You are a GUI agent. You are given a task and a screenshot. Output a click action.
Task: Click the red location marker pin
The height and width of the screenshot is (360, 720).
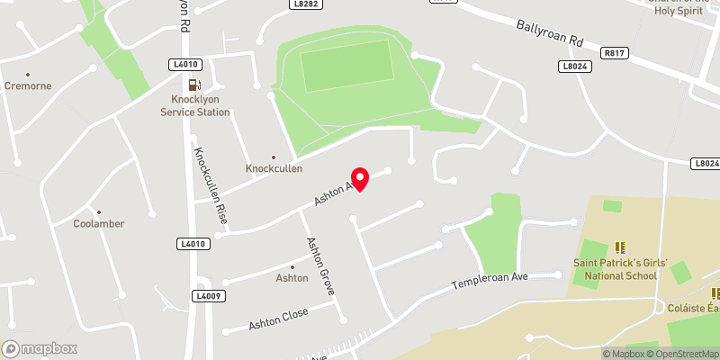360,179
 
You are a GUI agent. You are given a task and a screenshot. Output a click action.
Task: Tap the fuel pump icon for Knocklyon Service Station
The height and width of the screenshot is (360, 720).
195,85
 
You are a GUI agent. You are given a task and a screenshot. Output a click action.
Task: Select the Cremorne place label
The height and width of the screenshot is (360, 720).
28,86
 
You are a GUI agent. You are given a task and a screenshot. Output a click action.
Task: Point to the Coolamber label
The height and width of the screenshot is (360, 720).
99,223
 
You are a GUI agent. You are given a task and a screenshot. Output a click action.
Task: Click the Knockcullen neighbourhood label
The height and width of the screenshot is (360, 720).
274,168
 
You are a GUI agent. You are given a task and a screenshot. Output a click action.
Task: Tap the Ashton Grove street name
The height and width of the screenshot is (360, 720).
320,265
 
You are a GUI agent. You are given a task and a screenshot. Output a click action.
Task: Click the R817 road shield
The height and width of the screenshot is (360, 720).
616,54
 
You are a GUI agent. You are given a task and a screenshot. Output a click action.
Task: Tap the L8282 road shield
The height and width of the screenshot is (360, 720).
305,4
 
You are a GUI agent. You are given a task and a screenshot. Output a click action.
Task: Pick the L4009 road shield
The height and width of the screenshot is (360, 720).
206,295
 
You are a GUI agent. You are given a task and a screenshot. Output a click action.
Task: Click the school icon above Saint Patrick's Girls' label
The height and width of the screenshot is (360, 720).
619,247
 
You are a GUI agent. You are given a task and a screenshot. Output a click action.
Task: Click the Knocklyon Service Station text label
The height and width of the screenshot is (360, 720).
195,106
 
